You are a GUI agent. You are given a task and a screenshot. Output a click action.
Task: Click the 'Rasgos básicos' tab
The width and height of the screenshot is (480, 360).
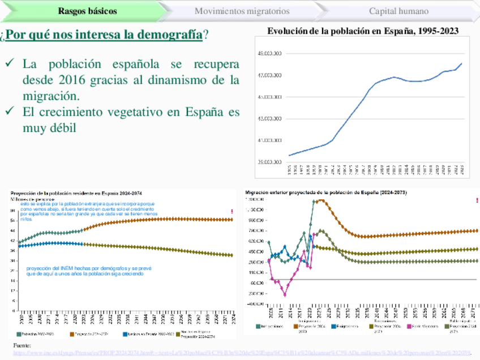click(x=87, y=11)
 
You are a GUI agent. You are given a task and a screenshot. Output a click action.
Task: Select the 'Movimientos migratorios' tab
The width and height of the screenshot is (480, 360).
click(x=242, y=11)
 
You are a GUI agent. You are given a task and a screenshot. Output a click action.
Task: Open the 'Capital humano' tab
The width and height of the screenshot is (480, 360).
click(x=398, y=11)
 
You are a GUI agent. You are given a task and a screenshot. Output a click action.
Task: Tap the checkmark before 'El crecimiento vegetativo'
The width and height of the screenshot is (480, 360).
click(x=10, y=112)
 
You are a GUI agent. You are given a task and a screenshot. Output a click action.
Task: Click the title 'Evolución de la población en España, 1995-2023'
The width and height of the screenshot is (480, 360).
click(x=363, y=32)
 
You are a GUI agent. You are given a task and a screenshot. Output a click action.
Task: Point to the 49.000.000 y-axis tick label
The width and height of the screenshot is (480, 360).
click(x=269, y=54)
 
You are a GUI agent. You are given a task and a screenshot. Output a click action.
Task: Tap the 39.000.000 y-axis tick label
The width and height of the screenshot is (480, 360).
click(x=269, y=162)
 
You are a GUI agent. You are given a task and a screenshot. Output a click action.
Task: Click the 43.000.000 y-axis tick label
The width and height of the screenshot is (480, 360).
click(x=269, y=119)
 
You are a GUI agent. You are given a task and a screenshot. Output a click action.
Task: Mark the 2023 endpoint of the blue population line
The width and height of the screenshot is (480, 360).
click(x=462, y=63)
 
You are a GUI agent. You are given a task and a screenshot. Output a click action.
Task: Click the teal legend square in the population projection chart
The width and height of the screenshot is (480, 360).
click(x=19, y=335)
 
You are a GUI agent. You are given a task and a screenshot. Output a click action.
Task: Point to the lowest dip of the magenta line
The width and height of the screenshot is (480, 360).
click(x=285, y=295)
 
